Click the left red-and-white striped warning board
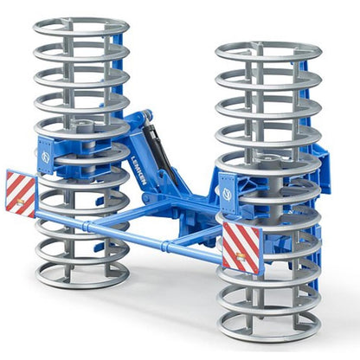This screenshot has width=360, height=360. (21, 191)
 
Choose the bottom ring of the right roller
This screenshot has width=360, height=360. (269, 327)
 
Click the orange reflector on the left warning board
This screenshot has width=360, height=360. (15, 203)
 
